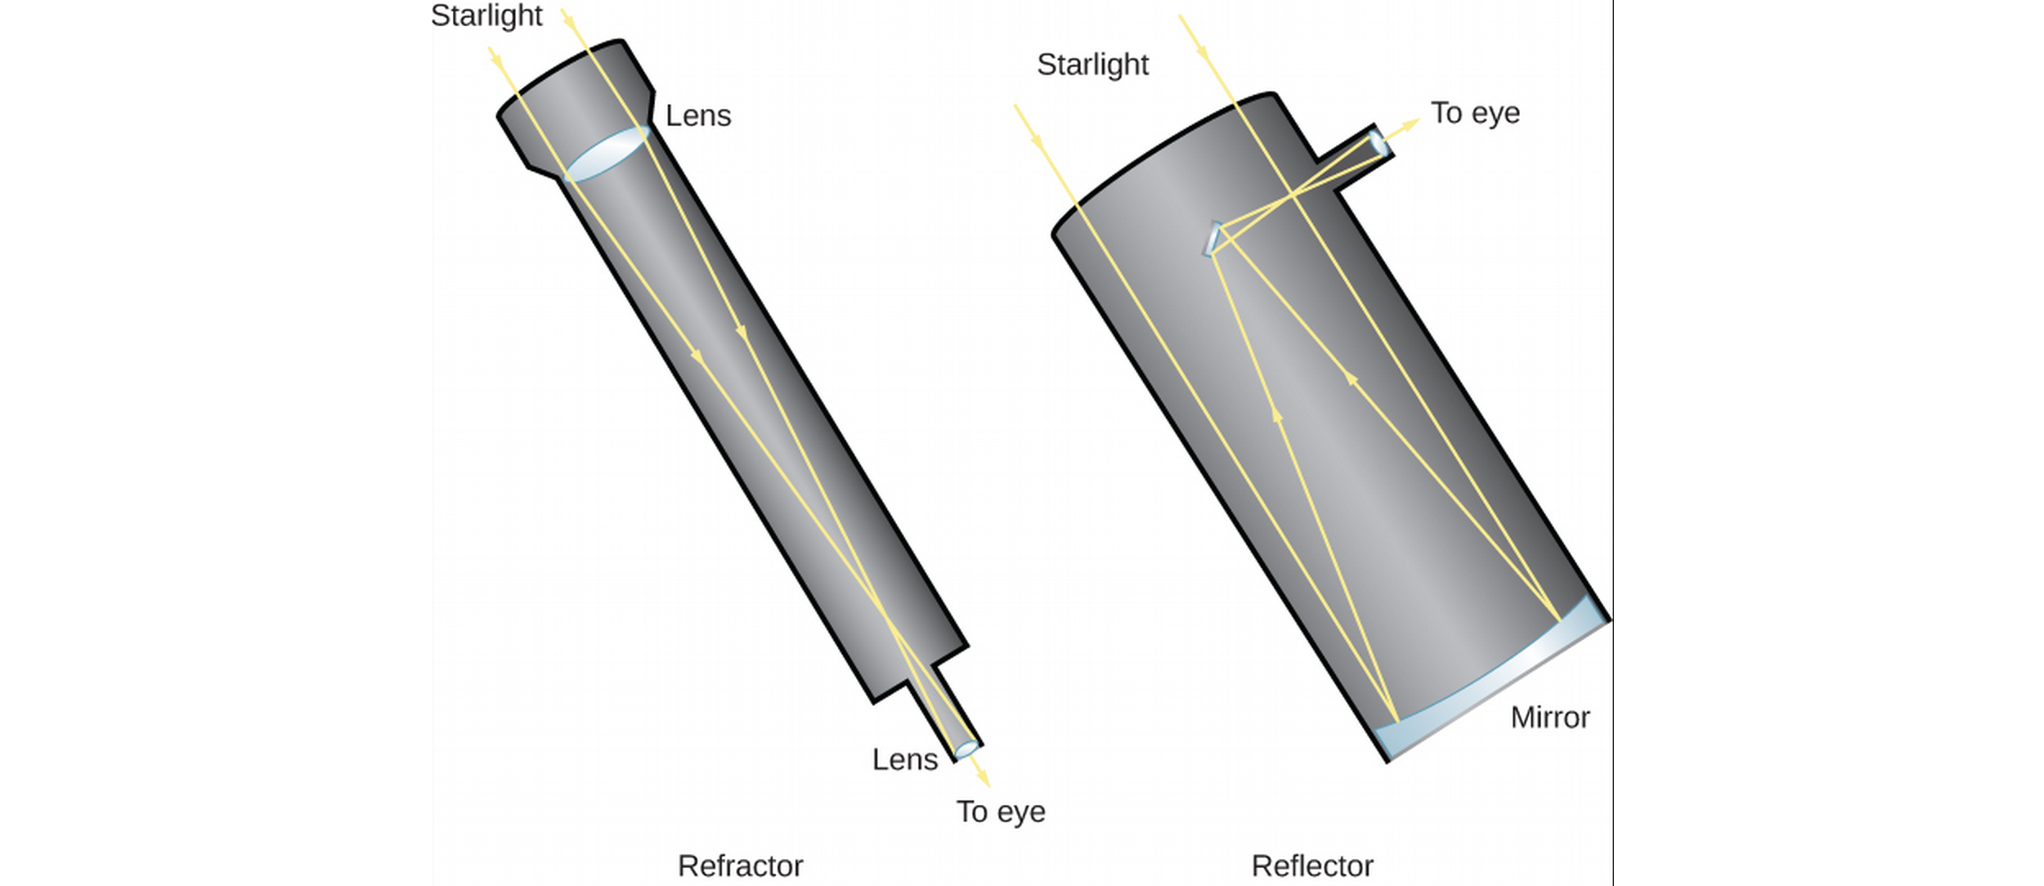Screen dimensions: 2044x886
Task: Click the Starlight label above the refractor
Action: tap(486, 16)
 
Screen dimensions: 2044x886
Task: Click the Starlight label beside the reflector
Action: tap(1092, 65)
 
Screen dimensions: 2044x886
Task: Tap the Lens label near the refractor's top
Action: tap(698, 116)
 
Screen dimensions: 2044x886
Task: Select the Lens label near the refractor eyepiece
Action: tap(904, 760)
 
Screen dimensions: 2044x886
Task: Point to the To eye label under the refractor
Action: tap(1001, 812)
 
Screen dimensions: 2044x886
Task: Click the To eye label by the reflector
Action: tap(1475, 113)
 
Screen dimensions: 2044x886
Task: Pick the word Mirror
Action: tap(1550, 718)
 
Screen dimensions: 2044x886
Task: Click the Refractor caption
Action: tap(740, 866)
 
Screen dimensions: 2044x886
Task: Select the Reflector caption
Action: tap(1312, 866)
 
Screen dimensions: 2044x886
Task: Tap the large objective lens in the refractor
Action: tap(607, 154)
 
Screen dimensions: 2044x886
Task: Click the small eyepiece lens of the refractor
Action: tap(966, 749)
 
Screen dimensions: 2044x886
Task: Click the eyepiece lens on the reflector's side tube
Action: tap(1378, 144)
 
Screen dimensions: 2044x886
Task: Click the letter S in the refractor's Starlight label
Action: tap(439, 16)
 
